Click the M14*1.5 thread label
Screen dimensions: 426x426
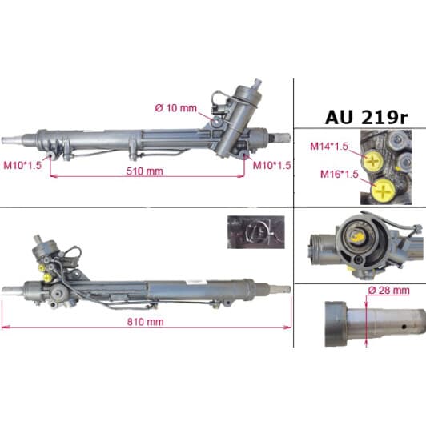(x=328, y=147)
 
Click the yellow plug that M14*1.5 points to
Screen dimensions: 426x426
(x=374, y=160)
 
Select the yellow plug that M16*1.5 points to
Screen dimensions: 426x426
(x=385, y=191)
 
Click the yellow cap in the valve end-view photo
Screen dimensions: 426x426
(x=356, y=237)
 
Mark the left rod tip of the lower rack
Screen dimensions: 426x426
(x=8, y=287)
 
